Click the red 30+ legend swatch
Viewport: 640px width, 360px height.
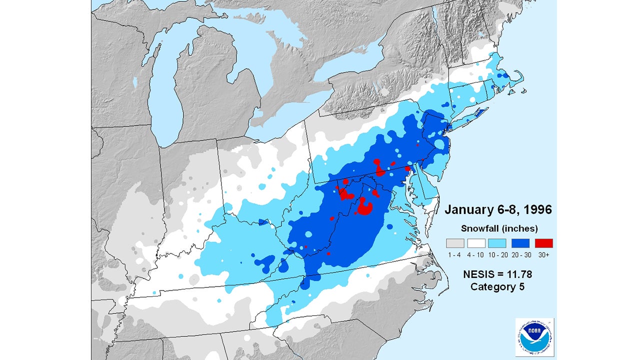pos(543,243)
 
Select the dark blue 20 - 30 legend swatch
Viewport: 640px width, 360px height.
pos(521,243)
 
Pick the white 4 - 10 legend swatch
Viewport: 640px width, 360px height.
pos(476,243)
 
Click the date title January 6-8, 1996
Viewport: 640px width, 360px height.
pos(498,209)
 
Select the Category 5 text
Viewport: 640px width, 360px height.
pos(498,287)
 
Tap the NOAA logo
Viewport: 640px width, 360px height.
pos(534,336)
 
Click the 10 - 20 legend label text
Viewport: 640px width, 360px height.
pos(498,254)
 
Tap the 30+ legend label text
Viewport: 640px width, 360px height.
pos(543,254)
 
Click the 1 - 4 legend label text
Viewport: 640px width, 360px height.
pos(454,254)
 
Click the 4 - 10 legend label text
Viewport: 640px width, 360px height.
pos(476,254)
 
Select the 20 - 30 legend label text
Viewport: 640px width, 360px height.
pos(521,254)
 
